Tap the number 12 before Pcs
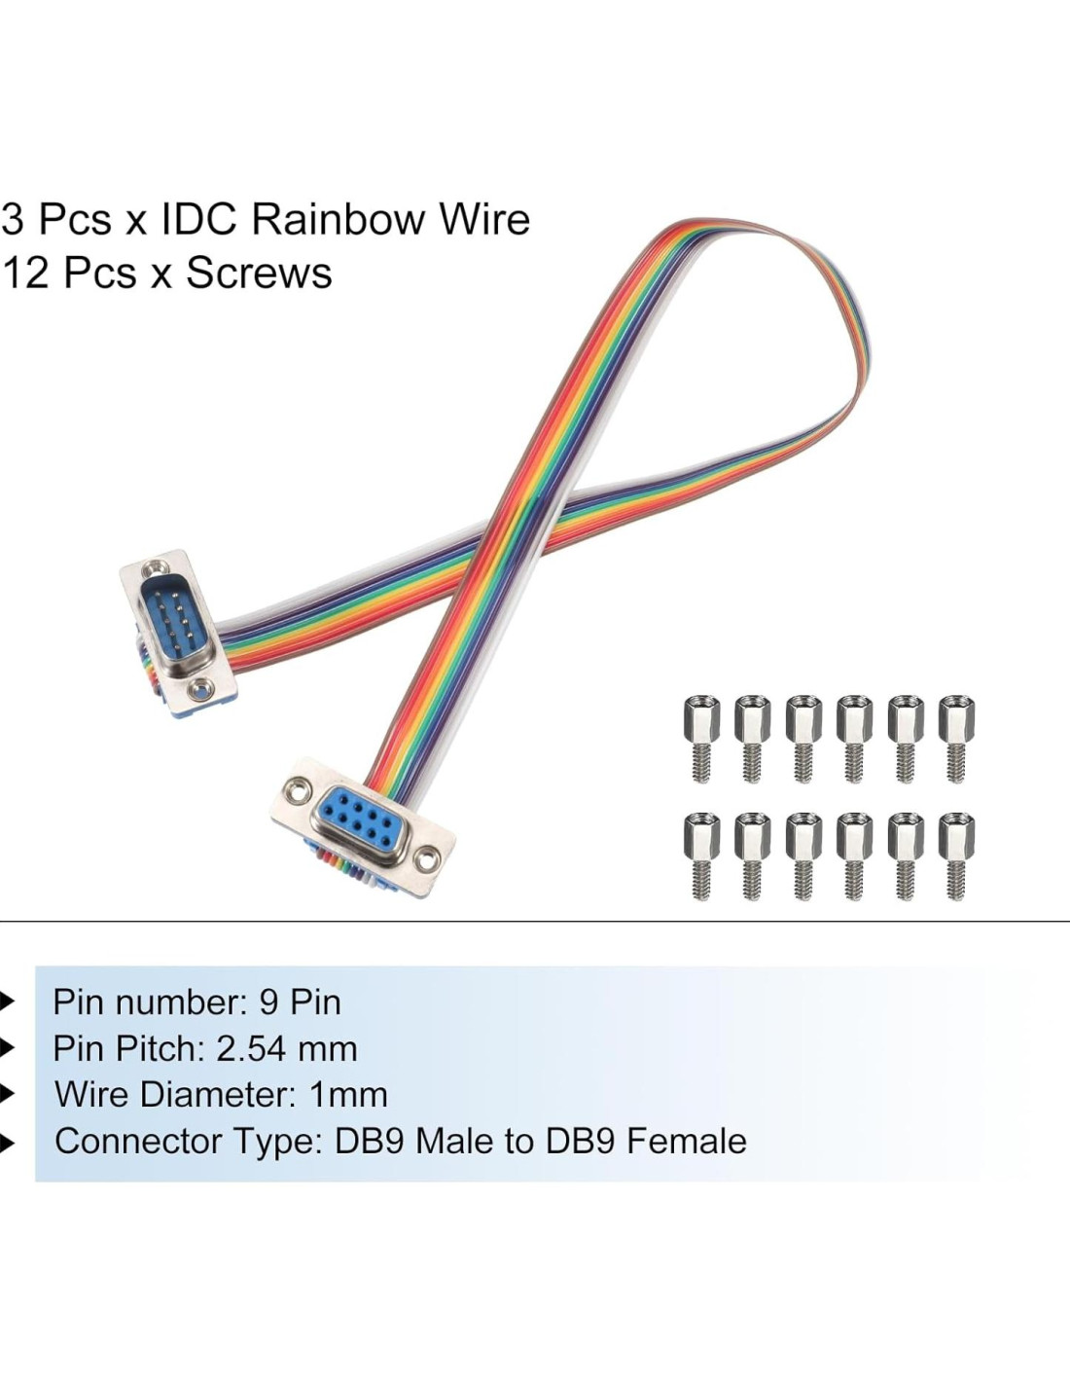[24, 273]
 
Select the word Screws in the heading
[259, 273]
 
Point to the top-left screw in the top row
[701, 738]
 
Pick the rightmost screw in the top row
[956, 738]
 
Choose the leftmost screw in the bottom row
[701, 855]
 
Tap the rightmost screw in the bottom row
[956, 855]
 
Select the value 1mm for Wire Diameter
[348, 1095]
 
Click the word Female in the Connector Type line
[686, 1142]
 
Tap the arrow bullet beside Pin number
[8, 1002]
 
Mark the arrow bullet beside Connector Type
[8, 1142]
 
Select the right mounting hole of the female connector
[425, 858]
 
